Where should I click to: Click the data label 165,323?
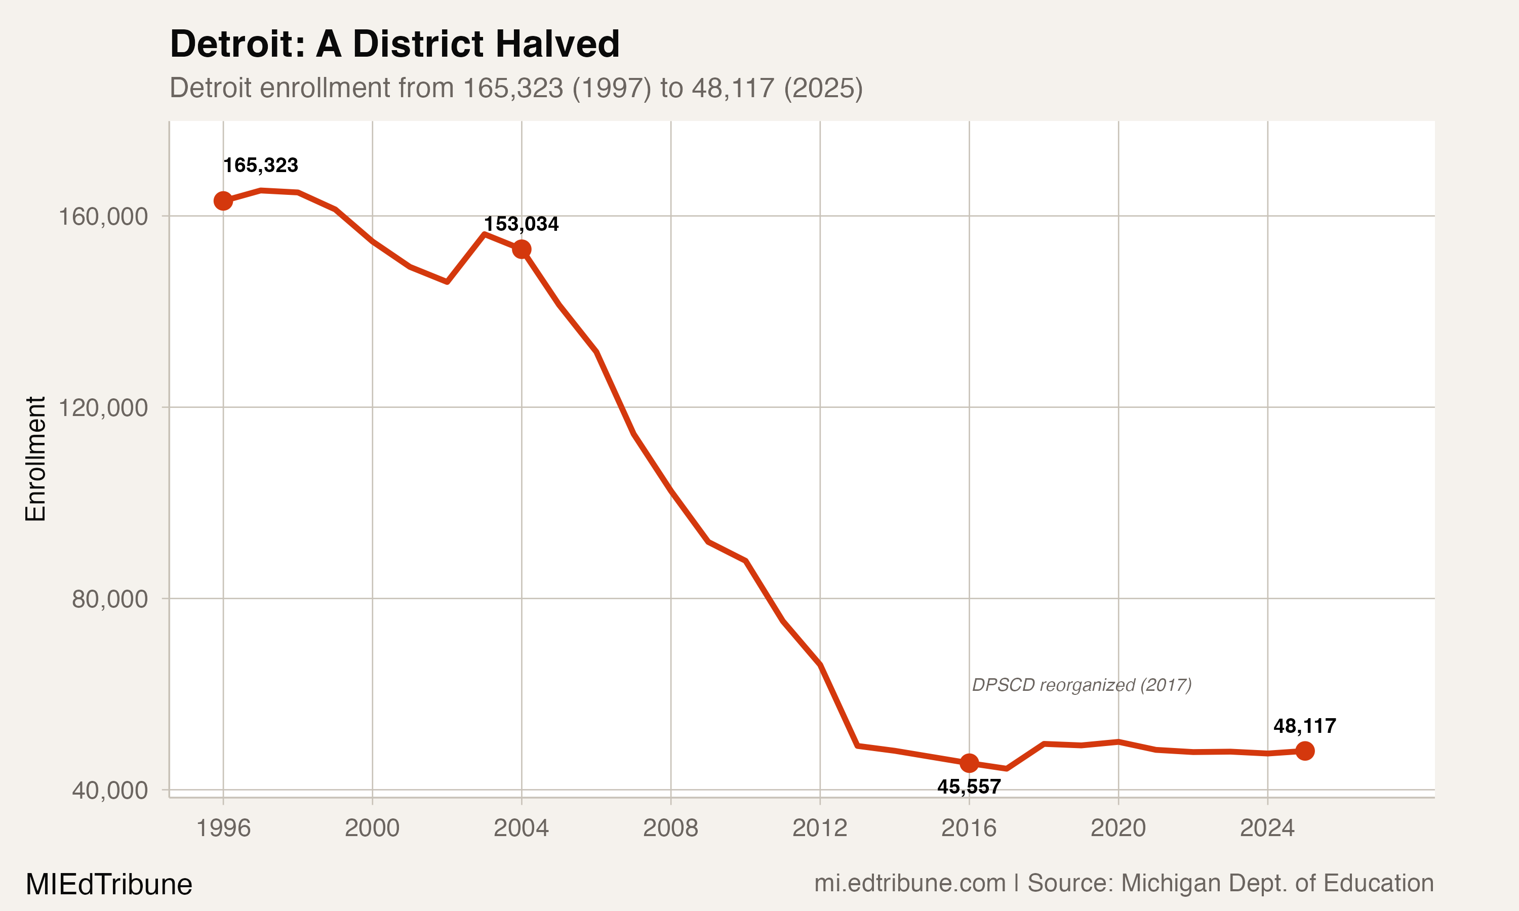tap(260, 165)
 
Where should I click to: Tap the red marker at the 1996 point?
tap(223, 201)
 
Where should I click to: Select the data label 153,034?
tap(522, 224)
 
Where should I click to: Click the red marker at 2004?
tap(522, 249)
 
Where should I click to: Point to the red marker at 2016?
tap(969, 763)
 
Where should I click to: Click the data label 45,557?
tap(969, 786)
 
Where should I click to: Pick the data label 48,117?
tap(1304, 726)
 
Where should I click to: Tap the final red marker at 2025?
tap(1305, 751)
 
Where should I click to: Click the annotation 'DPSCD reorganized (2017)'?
tap(1081, 685)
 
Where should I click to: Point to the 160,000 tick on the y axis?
tap(103, 217)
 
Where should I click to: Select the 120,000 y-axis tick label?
tap(103, 407)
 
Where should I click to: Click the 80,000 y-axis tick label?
tap(110, 599)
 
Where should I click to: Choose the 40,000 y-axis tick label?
tap(110, 790)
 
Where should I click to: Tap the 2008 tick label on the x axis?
tap(670, 828)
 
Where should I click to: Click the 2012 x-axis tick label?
tap(820, 828)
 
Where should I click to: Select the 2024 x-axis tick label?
tap(1267, 828)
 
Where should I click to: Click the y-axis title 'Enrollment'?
tap(35, 459)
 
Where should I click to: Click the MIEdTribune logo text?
tap(109, 885)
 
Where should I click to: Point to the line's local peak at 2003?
tap(485, 234)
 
